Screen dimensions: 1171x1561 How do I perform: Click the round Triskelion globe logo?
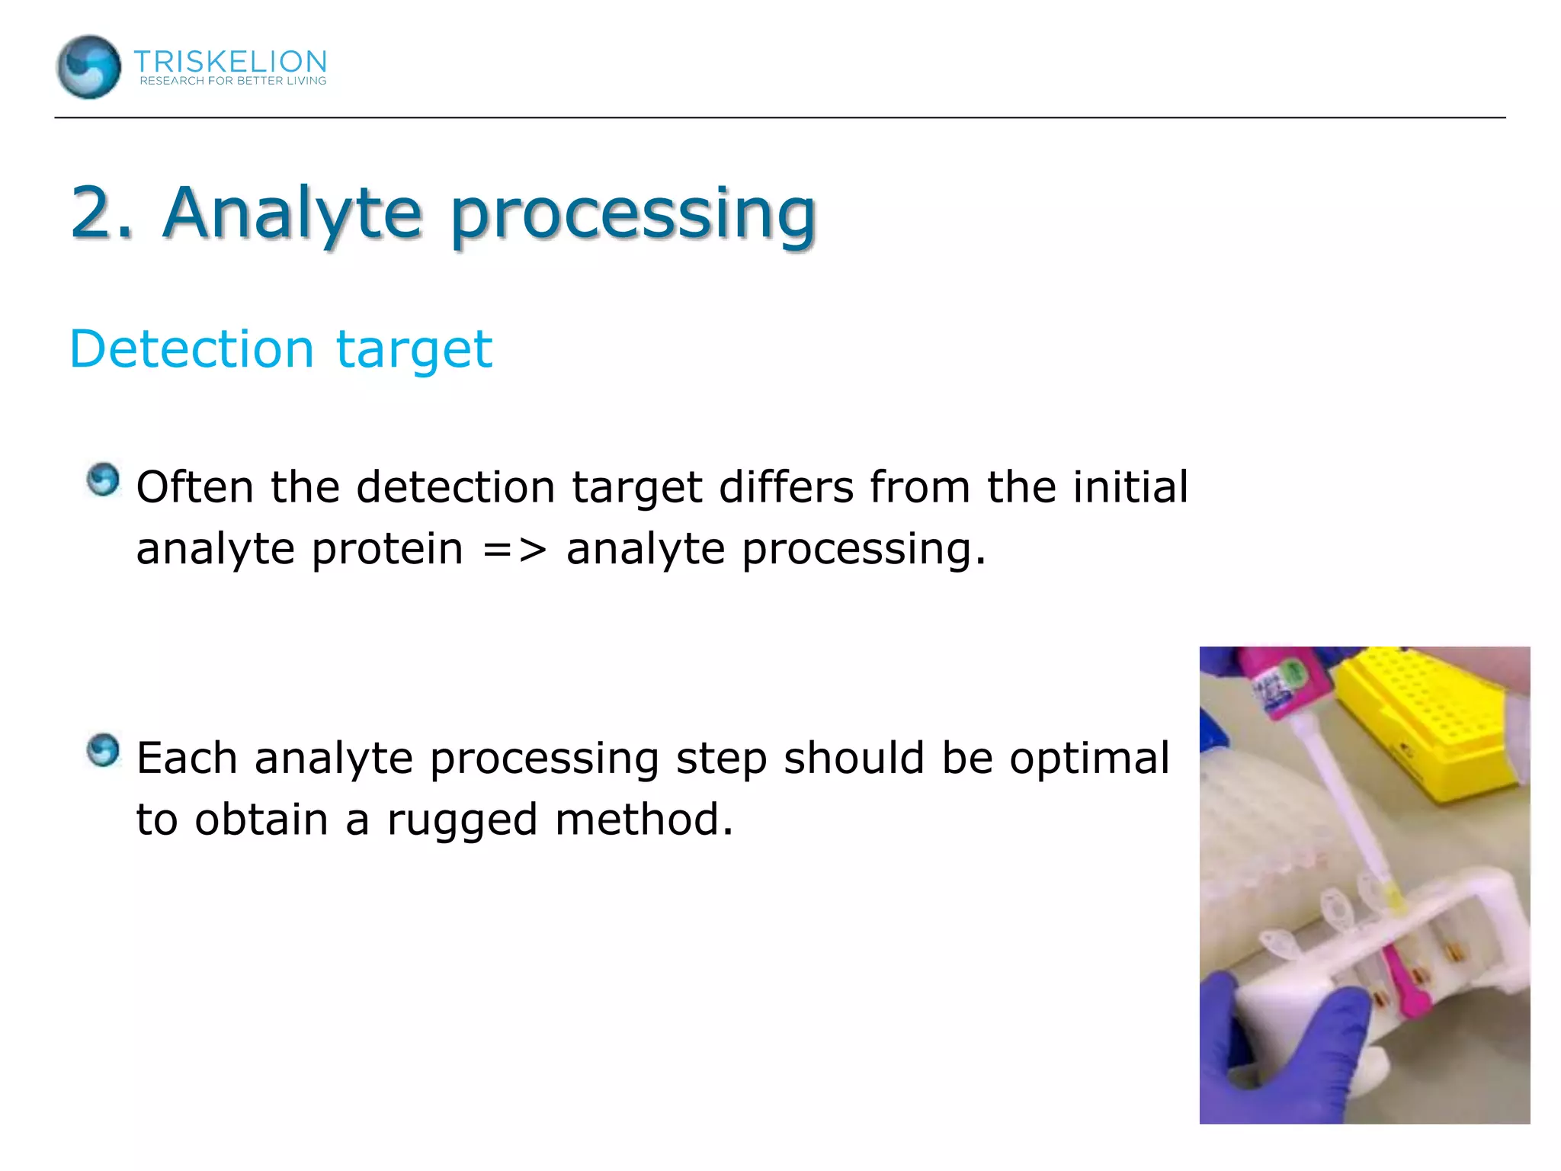point(88,67)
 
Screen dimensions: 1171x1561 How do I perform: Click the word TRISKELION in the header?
point(230,61)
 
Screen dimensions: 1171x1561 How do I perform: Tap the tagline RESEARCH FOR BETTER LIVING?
point(232,81)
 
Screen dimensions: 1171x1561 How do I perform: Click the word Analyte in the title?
point(292,213)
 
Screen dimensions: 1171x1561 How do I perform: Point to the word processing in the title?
point(633,215)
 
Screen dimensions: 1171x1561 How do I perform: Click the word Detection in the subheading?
point(191,349)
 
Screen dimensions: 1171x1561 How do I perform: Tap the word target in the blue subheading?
point(414,351)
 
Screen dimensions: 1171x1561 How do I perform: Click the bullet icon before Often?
point(103,480)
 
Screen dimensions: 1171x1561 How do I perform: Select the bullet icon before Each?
point(103,751)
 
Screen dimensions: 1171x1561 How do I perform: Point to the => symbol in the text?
point(514,549)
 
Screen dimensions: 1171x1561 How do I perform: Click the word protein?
point(387,549)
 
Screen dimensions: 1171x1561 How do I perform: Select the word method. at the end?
point(644,820)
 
